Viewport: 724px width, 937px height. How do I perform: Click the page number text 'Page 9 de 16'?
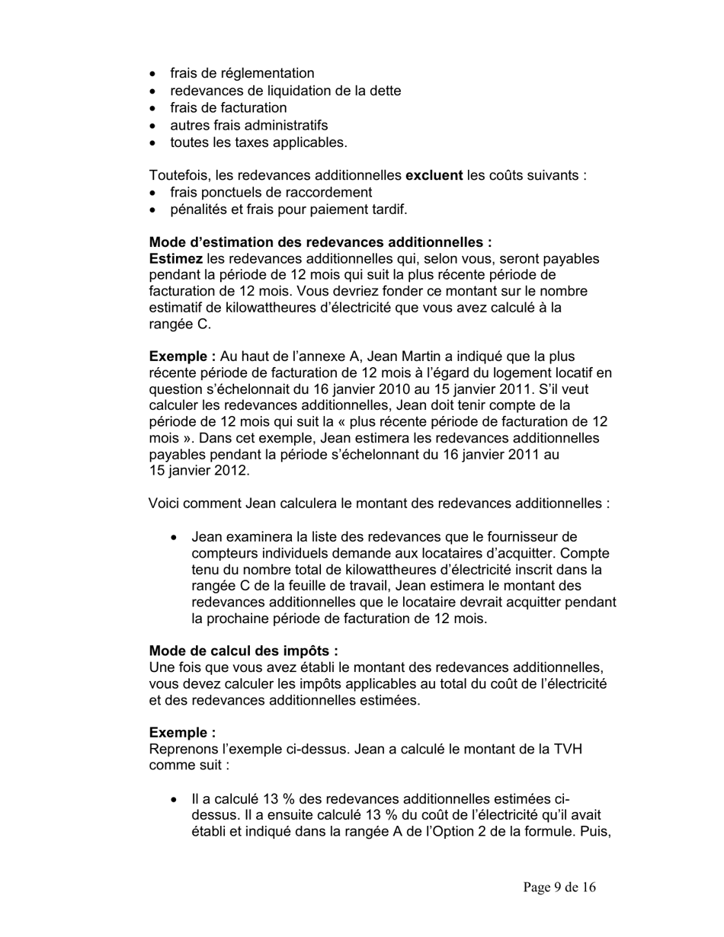click(x=559, y=887)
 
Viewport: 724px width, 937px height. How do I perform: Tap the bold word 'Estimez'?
click(x=175, y=259)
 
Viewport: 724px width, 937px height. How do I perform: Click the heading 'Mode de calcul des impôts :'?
click(x=243, y=651)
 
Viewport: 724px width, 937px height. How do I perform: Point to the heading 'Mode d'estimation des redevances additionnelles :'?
click(x=320, y=242)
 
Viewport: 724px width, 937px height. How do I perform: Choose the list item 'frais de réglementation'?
click(x=242, y=73)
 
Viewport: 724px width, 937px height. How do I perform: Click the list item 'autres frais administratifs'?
click(x=248, y=125)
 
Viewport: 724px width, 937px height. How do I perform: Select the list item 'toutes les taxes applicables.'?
click(x=258, y=142)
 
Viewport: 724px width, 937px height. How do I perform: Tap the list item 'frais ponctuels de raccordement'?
click(x=271, y=192)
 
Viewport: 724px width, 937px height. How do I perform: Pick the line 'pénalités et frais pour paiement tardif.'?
click(x=289, y=209)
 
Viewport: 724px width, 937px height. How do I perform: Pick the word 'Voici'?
click(x=166, y=504)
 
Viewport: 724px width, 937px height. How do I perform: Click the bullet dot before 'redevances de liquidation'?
click(x=155, y=91)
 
